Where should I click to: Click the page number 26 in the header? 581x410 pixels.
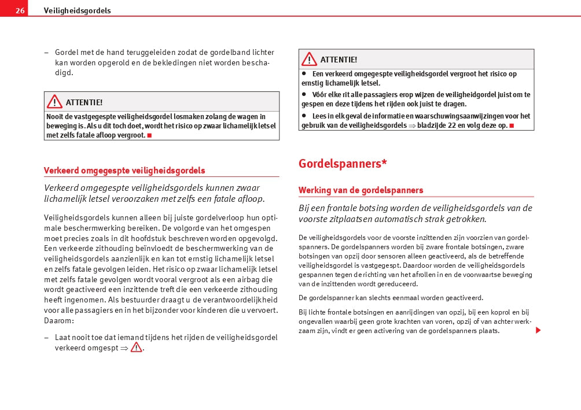[20, 10]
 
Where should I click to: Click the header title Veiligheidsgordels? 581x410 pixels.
[78, 10]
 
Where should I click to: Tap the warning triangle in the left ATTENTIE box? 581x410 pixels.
[54, 102]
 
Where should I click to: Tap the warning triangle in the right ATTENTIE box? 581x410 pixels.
[309, 59]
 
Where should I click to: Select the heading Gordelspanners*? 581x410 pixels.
[343, 164]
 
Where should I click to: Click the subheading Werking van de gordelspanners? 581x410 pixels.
[361, 190]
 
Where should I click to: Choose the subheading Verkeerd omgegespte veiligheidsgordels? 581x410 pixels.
[124, 171]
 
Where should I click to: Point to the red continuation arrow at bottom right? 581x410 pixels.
[538, 330]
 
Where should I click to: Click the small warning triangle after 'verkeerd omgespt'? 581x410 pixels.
[136, 348]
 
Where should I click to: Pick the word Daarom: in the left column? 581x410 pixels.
[59, 320]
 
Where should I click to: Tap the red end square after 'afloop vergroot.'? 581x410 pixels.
[149, 135]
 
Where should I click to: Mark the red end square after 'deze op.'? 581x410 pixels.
[512, 125]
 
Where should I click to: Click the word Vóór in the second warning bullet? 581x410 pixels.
[320, 94]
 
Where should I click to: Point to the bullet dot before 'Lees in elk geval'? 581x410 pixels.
[304, 116]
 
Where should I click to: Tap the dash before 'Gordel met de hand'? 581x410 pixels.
[46, 53]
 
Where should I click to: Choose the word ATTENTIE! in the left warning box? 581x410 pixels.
[84, 102]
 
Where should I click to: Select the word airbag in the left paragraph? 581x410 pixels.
[246, 279]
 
